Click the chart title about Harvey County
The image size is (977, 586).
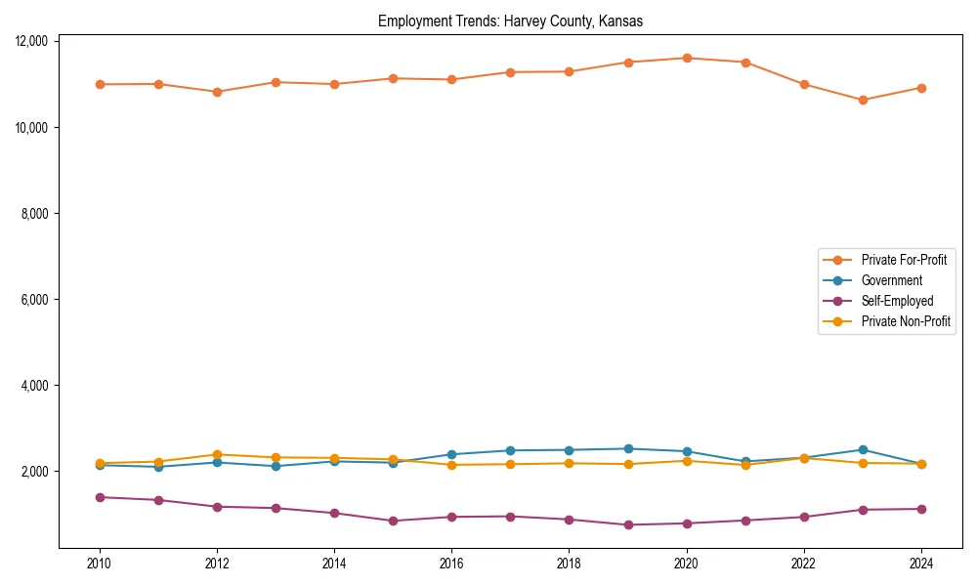pyautogui.click(x=510, y=21)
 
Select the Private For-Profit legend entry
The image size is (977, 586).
pyautogui.click(x=903, y=260)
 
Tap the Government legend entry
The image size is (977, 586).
pyautogui.click(x=891, y=280)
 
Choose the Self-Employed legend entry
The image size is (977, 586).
pyautogui.click(x=897, y=301)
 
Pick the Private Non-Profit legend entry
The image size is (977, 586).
pyautogui.click(x=906, y=321)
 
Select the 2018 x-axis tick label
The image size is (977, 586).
pyautogui.click(x=569, y=564)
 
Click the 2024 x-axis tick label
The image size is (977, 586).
pyautogui.click(x=921, y=564)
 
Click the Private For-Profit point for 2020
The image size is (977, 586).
pyautogui.click(x=687, y=58)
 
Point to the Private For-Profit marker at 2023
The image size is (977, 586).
pyautogui.click(x=863, y=100)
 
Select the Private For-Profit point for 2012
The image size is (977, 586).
pyautogui.click(x=217, y=92)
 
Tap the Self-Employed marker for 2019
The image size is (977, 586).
pyautogui.click(x=628, y=524)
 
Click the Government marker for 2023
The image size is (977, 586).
pyautogui.click(x=863, y=449)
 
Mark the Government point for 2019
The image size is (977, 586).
pyautogui.click(x=628, y=448)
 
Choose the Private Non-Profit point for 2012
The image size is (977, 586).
pyautogui.click(x=217, y=454)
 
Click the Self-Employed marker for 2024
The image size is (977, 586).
pyautogui.click(x=921, y=509)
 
